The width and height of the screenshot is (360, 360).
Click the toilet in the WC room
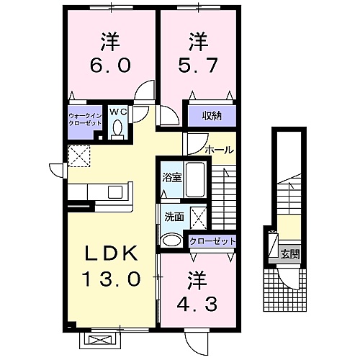[x=117, y=129]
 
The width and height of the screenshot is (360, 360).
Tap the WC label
[x=118, y=112]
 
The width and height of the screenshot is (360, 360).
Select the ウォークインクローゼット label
[x=85, y=120]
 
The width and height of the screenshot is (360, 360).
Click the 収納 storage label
[x=212, y=116]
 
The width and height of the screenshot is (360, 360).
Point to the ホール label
[x=219, y=150]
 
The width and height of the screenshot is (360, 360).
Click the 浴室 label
[x=172, y=177]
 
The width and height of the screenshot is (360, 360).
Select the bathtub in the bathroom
[x=195, y=180]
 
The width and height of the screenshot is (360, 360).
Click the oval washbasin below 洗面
[x=171, y=240]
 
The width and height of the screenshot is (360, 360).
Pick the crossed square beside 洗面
[x=198, y=218]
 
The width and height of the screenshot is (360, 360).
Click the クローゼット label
[x=212, y=241]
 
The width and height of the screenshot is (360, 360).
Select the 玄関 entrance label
[x=290, y=254]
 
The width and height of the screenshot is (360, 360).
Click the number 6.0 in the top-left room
[x=110, y=66]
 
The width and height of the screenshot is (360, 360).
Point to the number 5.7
[x=198, y=65]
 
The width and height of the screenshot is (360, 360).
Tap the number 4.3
[x=197, y=304]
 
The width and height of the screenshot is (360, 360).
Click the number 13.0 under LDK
[x=111, y=279]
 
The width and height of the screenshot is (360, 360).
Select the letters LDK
[x=112, y=253]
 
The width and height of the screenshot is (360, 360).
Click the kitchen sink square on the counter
[x=115, y=192]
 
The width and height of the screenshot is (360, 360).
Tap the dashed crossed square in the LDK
[x=79, y=156]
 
